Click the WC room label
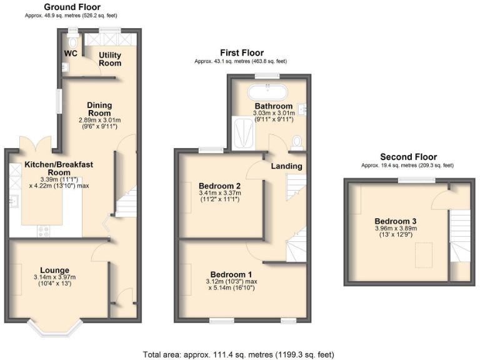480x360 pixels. (70, 53)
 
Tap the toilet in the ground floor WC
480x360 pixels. (72, 40)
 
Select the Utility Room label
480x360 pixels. (110, 59)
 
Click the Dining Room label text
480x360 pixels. (99, 109)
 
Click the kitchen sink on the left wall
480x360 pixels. (12, 201)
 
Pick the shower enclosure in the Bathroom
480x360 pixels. (243, 133)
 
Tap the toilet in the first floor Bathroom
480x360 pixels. (297, 141)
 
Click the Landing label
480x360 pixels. (286, 166)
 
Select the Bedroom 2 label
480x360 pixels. (219, 186)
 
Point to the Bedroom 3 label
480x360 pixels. (396, 221)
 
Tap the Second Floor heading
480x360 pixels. (408, 157)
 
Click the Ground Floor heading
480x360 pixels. (69, 7)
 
